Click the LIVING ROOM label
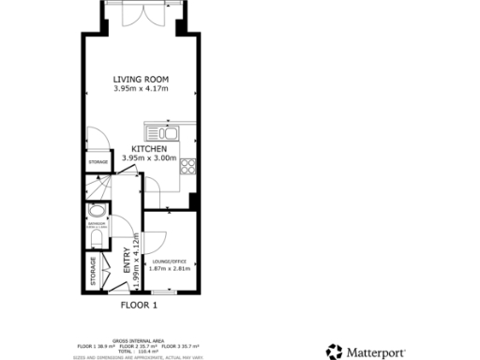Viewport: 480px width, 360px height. click(x=140, y=79)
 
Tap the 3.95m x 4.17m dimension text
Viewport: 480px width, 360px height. click(x=140, y=89)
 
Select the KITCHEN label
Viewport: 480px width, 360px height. click(x=149, y=149)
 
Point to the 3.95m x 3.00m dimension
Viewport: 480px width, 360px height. click(x=149, y=158)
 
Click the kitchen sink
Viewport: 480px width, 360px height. click(x=169, y=133)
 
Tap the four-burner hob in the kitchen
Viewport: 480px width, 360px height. click(x=187, y=167)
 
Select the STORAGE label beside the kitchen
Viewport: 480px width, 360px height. click(x=98, y=162)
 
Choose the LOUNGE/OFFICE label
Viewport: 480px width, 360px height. click(x=170, y=260)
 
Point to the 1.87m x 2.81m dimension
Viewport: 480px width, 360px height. click(x=170, y=268)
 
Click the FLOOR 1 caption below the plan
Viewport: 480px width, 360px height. click(x=140, y=305)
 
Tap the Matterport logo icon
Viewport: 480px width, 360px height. click(x=335, y=352)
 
